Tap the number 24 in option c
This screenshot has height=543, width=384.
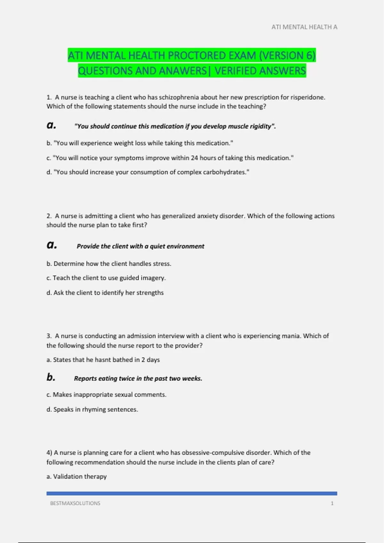click(194, 158)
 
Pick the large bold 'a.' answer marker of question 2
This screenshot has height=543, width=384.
click(52, 245)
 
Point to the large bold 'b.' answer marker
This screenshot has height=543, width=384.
click(51, 377)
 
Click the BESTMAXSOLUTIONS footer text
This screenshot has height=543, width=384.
click(75, 503)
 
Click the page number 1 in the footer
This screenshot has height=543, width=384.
click(332, 503)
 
